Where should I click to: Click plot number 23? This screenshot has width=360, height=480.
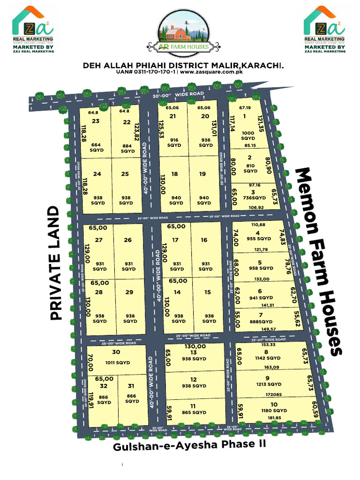click(96, 121)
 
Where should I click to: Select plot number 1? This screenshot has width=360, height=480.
click(245, 117)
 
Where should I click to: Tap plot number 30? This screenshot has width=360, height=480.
click(117, 352)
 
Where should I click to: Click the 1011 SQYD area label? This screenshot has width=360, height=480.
click(117, 362)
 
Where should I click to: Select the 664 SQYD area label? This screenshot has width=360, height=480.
click(97, 147)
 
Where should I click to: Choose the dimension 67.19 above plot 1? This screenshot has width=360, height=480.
click(245, 108)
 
